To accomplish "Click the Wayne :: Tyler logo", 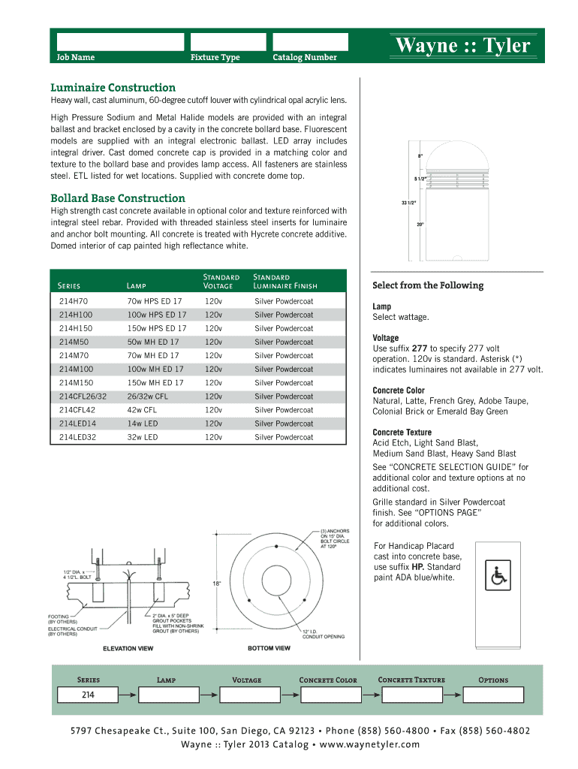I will click(462, 46).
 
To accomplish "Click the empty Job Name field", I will click(120, 42).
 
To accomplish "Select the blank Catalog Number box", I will click(310, 42).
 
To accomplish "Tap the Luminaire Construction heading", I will click(113, 88).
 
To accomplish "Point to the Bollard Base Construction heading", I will click(117, 198).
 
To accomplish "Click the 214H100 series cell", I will click(76, 315).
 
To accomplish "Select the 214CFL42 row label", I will click(77, 410).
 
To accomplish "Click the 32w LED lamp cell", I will click(143, 437).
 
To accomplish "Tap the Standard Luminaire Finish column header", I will click(285, 282).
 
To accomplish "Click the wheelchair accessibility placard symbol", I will click(498, 576).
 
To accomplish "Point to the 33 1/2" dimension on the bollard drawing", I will click(408, 203).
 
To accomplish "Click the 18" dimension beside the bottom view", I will click(217, 583).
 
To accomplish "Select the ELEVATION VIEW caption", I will click(129, 648).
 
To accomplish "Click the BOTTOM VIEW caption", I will click(269, 648).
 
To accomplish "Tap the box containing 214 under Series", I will click(88, 695).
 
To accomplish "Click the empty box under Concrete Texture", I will click(411, 695).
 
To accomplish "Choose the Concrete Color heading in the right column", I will click(399, 391).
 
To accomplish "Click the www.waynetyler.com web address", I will click(369, 744).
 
